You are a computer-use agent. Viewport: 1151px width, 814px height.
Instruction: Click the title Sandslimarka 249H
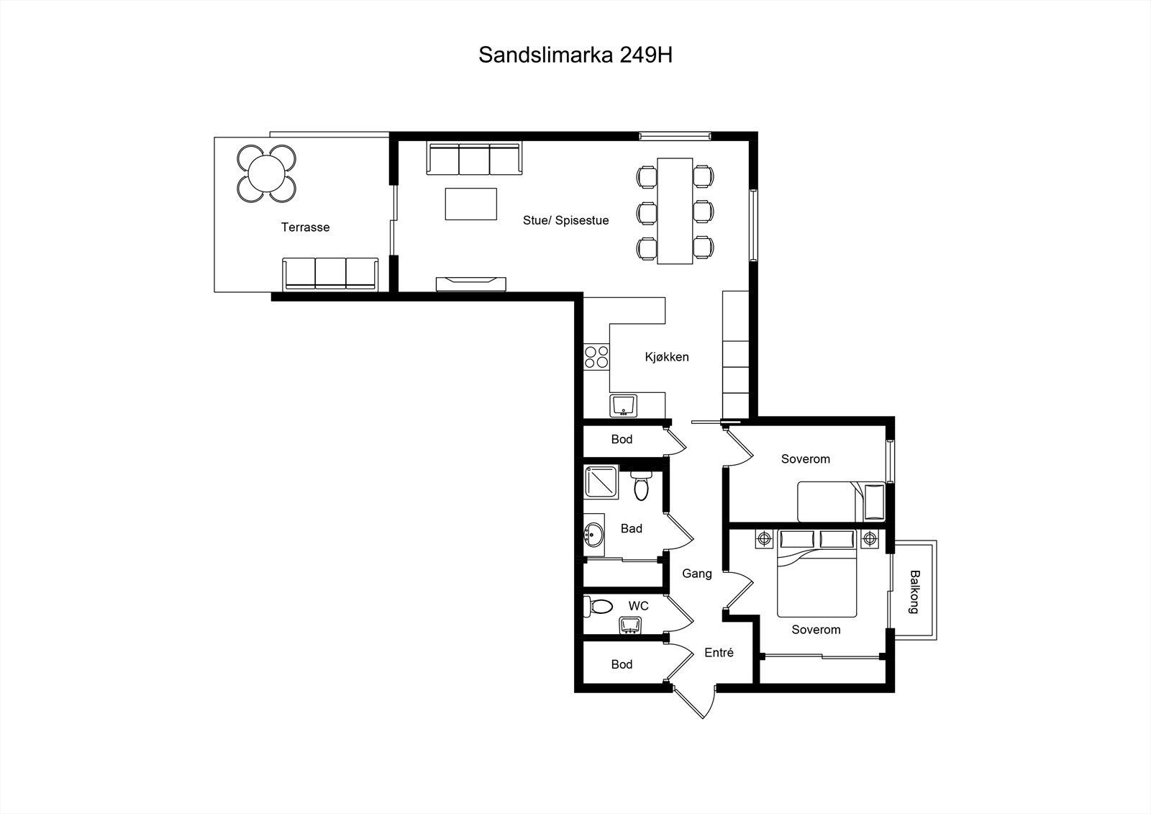pos(575,55)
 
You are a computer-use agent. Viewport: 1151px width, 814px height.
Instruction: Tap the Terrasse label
pos(305,227)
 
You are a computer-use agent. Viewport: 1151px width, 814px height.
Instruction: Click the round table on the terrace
pos(266,173)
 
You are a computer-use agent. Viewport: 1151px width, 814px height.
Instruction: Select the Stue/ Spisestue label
pos(565,220)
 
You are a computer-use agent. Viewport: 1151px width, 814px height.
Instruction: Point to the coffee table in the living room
pos(470,204)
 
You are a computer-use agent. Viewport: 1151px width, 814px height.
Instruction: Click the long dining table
pos(675,211)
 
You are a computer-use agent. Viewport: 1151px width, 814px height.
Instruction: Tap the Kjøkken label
pos(667,357)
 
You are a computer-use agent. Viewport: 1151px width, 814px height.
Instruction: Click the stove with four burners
pos(596,357)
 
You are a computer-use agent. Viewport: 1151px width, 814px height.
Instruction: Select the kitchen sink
pos(624,406)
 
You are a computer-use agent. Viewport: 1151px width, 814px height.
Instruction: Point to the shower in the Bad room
pos(601,481)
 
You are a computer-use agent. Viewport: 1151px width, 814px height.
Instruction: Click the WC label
pos(638,606)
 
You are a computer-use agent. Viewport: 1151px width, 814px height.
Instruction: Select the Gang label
pos(696,574)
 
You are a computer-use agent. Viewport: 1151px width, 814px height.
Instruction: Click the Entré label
pos(719,653)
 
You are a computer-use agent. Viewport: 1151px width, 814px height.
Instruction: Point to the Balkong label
pos(914,592)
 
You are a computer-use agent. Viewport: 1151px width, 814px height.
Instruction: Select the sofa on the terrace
pos(331,274)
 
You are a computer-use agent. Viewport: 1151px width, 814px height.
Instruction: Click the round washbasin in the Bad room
pos(593,534)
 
